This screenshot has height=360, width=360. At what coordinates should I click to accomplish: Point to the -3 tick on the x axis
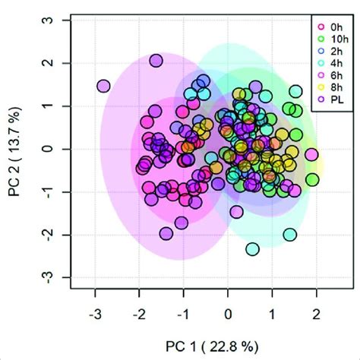(x=95, y=312)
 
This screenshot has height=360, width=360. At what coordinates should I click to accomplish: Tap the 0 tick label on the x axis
(x=228, y=312)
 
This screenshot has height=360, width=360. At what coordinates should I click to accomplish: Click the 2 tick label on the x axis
(x=316, y=312)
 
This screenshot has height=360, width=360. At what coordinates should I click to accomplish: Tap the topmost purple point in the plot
(x=156, y=61)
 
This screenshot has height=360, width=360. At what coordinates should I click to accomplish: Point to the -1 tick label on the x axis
(x=183, y=312)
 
